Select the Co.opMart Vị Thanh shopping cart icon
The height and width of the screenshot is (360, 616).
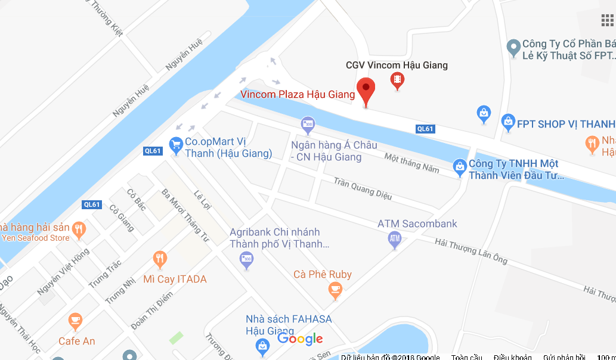(x=176, y=144)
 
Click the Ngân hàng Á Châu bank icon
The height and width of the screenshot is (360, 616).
(x=308, y=125)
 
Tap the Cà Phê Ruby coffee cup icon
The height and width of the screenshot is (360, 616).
(x=335, y=290)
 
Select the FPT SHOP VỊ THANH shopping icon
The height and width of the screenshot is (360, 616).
(x=508, y=123)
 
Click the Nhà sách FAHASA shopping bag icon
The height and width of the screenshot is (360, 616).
(x=262, y=345)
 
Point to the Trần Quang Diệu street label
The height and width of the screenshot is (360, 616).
(x=363, y=186)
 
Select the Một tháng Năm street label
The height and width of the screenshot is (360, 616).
(x=411, y=162)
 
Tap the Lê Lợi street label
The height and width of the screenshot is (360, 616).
(x=203, y=200)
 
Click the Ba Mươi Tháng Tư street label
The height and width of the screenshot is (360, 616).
(x=185, y=215)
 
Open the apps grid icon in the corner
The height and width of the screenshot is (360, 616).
(x=607, y=20)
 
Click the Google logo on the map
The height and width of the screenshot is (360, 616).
(x=300, y=339)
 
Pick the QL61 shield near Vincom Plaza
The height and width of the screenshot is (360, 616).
(x=425, y=129)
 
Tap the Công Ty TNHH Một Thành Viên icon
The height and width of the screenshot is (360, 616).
(x=459, y=167)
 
